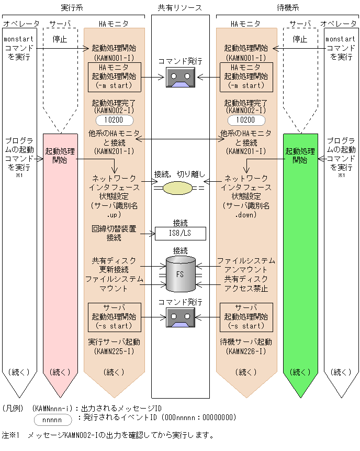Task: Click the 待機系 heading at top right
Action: point(287,7)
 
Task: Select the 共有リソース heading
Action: point(180,7)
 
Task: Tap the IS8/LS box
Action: point(180,233)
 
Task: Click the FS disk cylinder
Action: point(180,273)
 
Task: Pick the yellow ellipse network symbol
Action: point(177,187)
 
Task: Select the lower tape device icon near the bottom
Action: point(181,317)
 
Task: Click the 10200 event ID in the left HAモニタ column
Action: point(114,119)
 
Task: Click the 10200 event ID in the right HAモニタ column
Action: point(246,119)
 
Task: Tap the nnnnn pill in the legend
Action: point(51,420)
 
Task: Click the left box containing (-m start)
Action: point(114,76)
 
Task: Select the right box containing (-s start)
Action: point(246,317)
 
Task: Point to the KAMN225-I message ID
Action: point(114,350)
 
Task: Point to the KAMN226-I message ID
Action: point(246,350)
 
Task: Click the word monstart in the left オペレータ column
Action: point(18,39)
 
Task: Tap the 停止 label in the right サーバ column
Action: point(300,39)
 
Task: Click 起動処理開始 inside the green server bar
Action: point(300,156)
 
